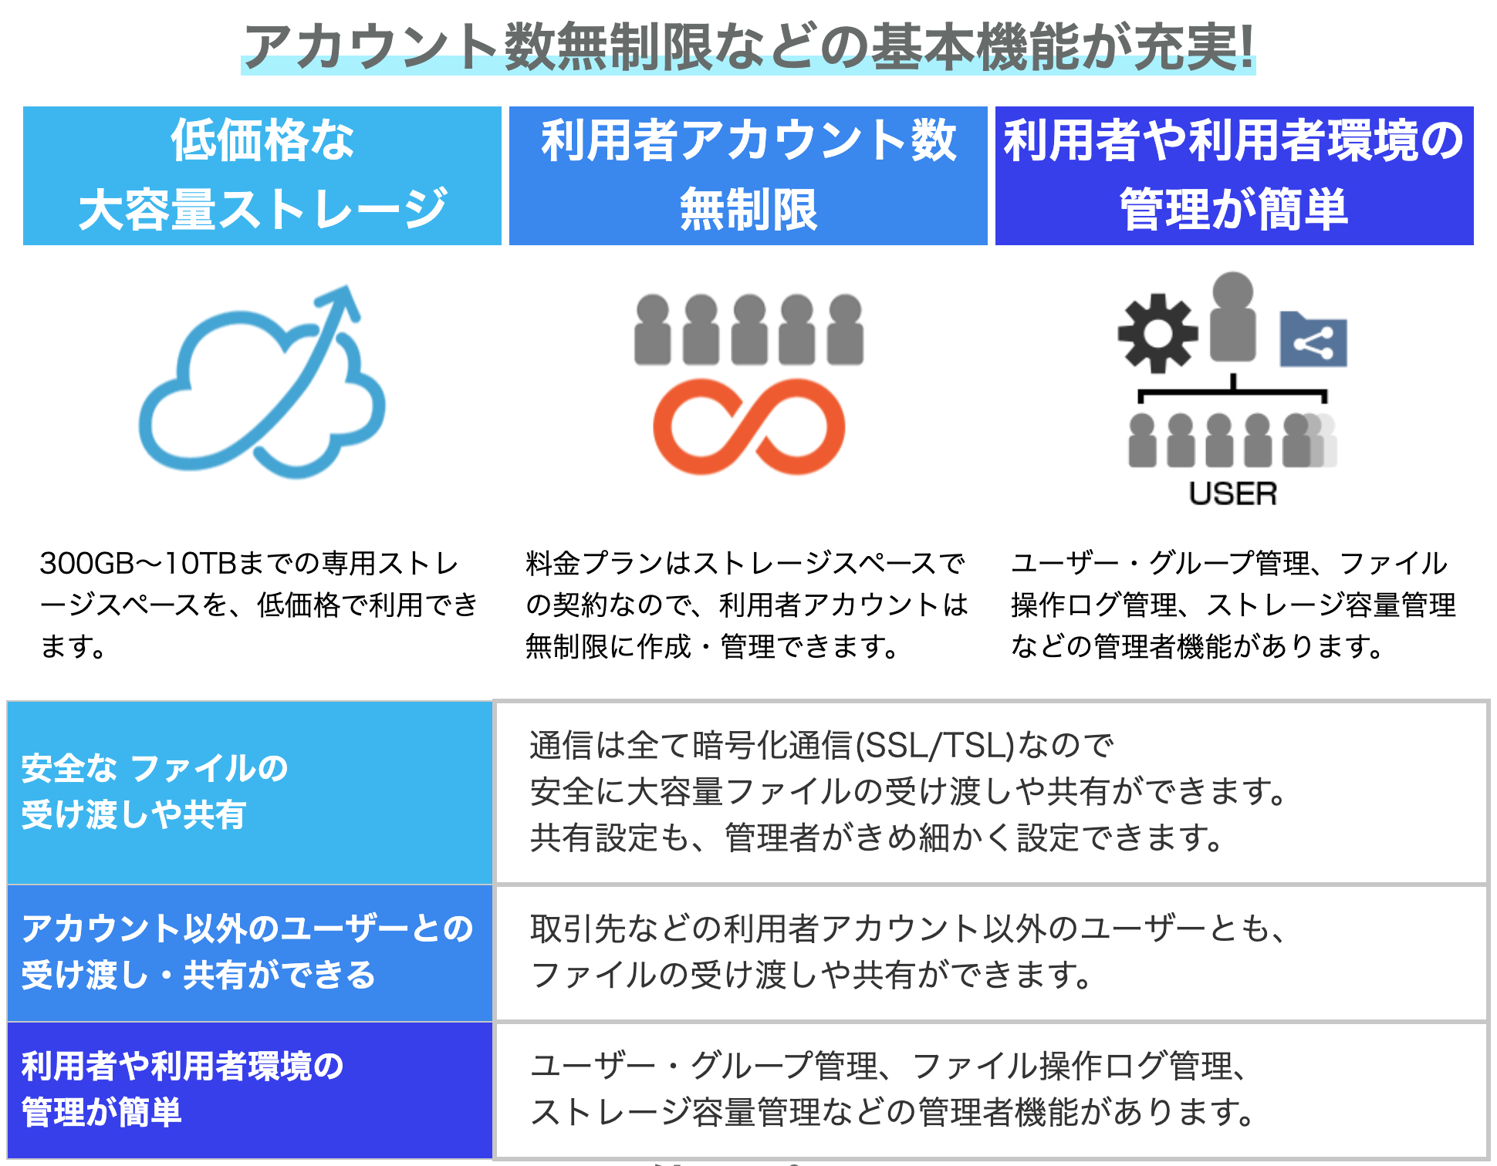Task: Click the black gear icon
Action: tap(1157, 333)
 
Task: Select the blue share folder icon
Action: tap(1313, 339)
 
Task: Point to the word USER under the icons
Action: tap(1233, 494)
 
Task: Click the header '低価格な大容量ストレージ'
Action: tap(262, 176)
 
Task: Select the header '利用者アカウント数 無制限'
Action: tap(748, 176)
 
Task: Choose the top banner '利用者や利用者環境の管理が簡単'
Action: tap(1235, 176)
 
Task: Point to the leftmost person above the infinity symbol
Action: tap(653, 329)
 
